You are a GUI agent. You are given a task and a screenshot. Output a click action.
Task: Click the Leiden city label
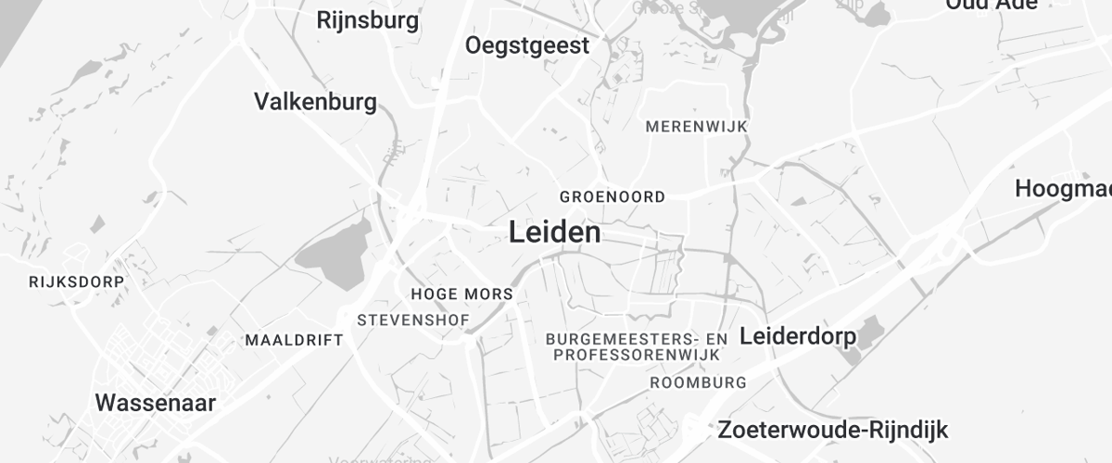554,232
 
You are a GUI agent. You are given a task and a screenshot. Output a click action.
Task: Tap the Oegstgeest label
527,45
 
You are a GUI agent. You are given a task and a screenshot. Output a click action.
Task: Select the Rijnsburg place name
367,19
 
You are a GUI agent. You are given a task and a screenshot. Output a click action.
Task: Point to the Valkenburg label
315,101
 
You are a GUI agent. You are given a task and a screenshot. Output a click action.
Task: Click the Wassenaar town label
156,403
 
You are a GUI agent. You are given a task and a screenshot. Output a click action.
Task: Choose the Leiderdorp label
798,336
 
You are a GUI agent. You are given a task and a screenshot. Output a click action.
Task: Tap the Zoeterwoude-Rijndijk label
833,430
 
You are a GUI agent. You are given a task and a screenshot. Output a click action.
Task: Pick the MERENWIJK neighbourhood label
697,126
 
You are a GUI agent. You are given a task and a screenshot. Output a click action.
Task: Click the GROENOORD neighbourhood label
613,197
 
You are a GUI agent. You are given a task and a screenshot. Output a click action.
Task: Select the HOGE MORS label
461,294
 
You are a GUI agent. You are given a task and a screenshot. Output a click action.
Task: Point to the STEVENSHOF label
413,320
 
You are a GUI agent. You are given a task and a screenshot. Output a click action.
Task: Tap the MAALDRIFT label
294,340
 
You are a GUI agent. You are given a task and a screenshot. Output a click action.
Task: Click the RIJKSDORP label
76,281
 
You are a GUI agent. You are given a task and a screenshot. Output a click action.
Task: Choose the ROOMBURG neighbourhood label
699,382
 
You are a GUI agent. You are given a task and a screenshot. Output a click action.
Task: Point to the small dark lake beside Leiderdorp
869,333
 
